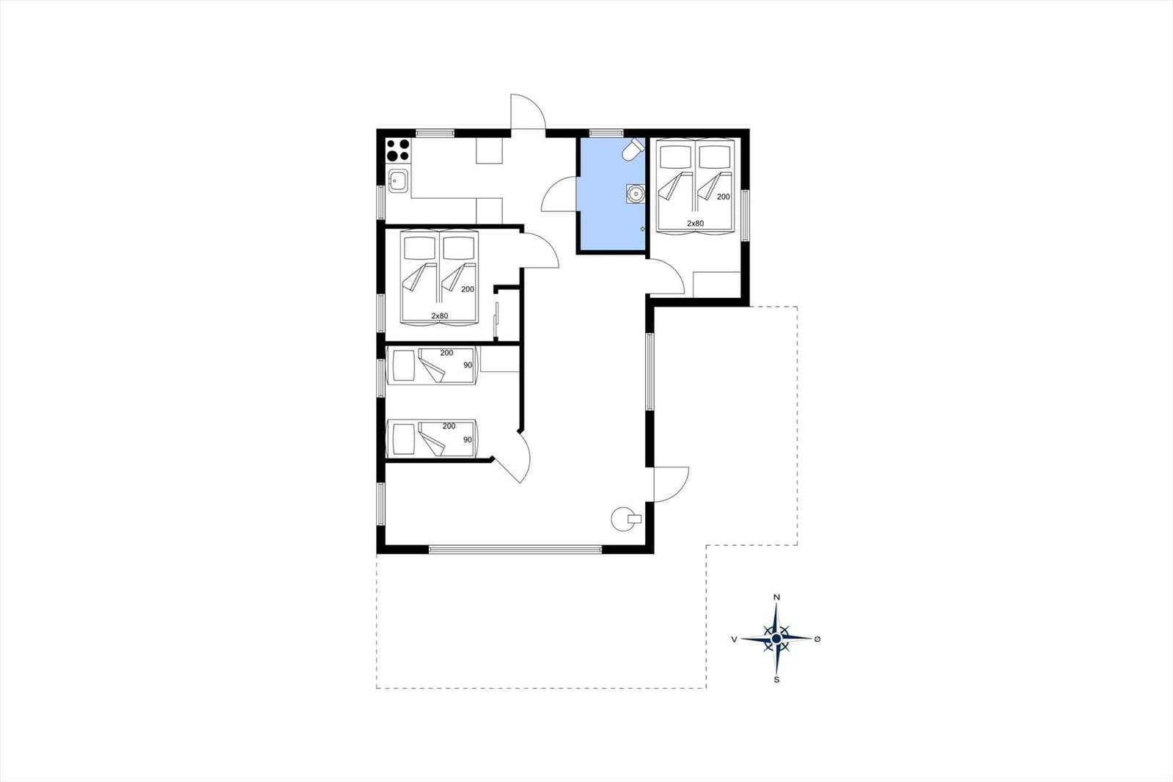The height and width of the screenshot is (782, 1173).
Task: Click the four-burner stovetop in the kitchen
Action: point(398,150)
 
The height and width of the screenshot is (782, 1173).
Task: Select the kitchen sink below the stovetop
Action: point(397,180)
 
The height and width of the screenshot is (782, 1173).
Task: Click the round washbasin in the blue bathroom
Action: point(636,194)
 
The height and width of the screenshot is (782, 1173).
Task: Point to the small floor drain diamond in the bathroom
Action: point(642,229)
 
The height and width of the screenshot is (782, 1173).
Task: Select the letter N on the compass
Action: point(776,597)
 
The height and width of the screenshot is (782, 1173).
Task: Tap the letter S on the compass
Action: point(776,680)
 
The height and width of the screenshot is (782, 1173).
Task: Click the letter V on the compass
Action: point(734,639)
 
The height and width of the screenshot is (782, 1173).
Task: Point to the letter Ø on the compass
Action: point(817,638)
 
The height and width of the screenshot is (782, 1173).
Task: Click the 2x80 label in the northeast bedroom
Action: point(696,223)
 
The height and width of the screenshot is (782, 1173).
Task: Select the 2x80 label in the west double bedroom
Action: point(439,315)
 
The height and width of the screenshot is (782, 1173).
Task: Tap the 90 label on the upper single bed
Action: point(468,365)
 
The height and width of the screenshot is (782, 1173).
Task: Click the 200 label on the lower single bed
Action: point(449,426)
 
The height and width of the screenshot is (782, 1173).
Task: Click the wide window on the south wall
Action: point(515,549)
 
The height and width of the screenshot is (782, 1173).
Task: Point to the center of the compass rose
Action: point(776,638)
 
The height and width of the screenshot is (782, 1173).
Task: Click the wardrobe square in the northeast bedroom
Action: point(716,285)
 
